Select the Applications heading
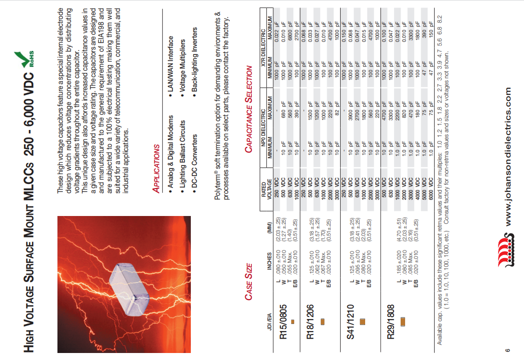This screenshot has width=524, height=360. click(156, 168)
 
